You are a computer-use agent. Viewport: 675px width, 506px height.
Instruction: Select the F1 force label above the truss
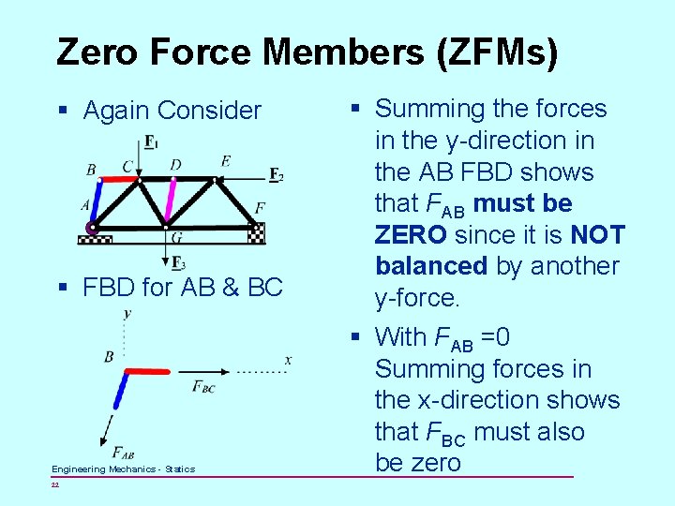point(151,142)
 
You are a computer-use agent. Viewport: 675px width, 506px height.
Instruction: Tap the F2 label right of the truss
point(276,175)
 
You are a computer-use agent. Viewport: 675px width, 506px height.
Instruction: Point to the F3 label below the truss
point(178,263)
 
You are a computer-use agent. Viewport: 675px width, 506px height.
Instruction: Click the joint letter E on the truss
point(226,161)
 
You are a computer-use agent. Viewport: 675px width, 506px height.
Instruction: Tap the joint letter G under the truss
point(176,238)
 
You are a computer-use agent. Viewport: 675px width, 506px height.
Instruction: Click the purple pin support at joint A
point(92,228)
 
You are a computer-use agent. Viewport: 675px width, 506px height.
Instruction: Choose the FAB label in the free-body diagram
point(123,453)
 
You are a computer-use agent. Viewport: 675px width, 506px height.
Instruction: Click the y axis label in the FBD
point(127,313)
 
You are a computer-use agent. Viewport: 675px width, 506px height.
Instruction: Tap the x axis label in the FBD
point(288,360)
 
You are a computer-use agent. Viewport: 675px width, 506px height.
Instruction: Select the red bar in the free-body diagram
point(148,371)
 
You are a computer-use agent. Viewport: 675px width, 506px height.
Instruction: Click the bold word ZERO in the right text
point(410,234)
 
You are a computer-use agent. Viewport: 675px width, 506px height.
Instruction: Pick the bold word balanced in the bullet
point(431,266)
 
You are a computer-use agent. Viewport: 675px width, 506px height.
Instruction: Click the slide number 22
point(55,484)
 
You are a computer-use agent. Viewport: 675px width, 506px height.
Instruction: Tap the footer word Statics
point(180,469)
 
